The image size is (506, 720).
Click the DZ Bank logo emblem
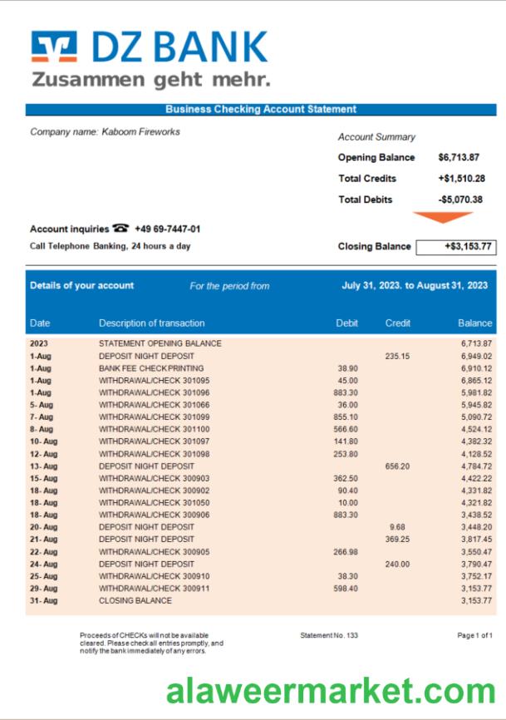pyautogui.click(x=54, y=47)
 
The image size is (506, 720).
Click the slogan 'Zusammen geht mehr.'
pyautogui.click(x=150, y=80)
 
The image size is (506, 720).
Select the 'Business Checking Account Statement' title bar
pyautogui.click(x=260, y=109)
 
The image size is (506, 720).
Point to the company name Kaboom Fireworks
pyautogui.click(x=105, y=131)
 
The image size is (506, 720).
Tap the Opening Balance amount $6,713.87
pyautogui.click(x=459, y=157)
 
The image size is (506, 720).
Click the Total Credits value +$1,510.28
pyautogui.click(x=461, y=178)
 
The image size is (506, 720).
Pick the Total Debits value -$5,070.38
pyautogui.click(x=460, y=200)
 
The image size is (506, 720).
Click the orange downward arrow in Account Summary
pyautogui.click(x=443, y=218)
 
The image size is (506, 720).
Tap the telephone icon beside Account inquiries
pyautogui.click(x=121, y=229)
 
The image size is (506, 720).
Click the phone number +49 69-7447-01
pyautogui.click(x=167, y=229)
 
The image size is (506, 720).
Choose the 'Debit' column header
pyautogui.click(x=346, y=323)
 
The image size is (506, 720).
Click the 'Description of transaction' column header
pyautogui.click(x=151, y=323)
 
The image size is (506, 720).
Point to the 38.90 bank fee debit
pyautogui.click(x=347, y=367)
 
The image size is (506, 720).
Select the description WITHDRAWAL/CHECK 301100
pyautogui.click(x=154, y=429)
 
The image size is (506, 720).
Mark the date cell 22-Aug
pyautogui.click(x=43, y=551)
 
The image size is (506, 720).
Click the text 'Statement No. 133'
pyautogui.click(x=329, y=635)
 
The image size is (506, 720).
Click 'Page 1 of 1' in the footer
pyautogui.click(x=474, y=635)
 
